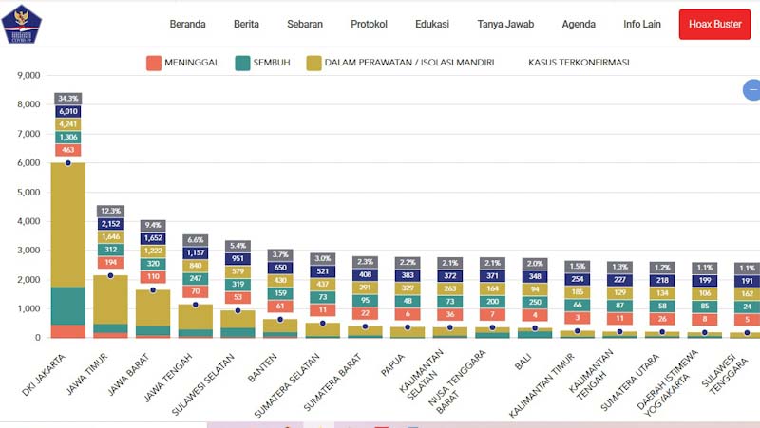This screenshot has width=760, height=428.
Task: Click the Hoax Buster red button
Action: pyautogui.click(x=714, y=24)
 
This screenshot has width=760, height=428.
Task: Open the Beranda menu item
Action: pyautogui.click(x=188, y=24)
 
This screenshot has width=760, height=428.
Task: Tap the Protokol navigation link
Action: pyautogui.click(x=370, y=24)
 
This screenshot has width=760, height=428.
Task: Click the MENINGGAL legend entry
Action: pyautogui.click(x=182, y=63)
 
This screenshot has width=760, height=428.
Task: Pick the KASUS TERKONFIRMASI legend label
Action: pyautogui.click(x=579, y=63)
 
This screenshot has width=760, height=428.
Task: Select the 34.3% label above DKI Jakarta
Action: pyautogui.click(x=67, y=98)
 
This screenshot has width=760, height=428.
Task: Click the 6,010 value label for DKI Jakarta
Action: pyautogui.click(x=67, y=111)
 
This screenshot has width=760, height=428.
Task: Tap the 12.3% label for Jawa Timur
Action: pyautogui.click(x=111, y=211)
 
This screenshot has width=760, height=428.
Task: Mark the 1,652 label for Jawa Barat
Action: pyautogui.click(x=154, y=238)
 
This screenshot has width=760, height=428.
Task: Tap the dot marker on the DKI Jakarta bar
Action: pyautogui.click(x=67, y=163)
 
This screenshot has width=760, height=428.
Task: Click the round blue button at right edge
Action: pyautogui.click(x=752, y=90)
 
